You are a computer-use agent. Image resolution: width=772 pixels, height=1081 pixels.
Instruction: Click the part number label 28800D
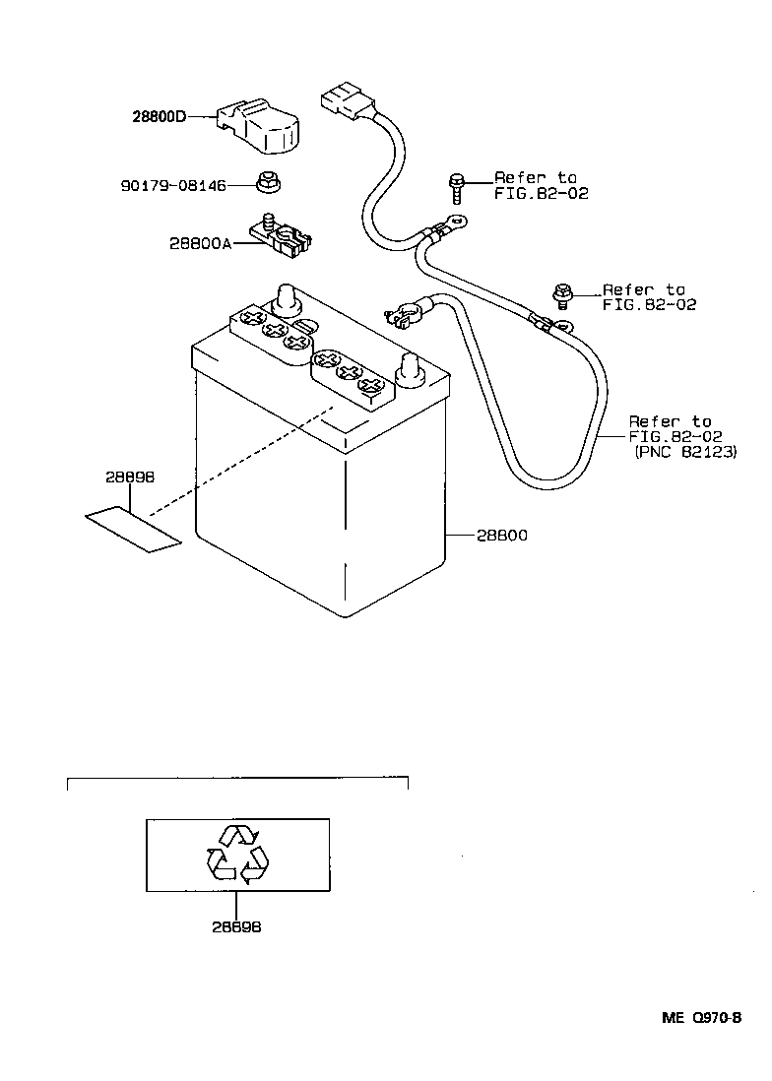[159, 116]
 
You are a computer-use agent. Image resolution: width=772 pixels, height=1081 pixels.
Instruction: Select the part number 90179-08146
[173, 184]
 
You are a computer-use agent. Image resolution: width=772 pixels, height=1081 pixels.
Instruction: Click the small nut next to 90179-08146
[265, 181]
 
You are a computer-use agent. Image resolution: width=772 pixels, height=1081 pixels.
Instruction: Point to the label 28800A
[198, 243]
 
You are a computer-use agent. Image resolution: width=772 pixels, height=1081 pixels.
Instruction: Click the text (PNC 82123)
[685, 452]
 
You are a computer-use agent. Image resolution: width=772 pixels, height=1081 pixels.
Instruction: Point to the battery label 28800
[502, 536]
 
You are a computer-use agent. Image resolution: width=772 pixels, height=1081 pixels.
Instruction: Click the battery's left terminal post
[285, 296]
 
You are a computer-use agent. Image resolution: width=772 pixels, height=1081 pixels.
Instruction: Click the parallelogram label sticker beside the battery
[132, 530]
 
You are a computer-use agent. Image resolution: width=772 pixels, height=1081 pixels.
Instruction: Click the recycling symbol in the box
[237, 853]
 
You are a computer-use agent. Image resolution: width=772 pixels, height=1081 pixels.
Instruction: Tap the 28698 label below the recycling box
[236, 926]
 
